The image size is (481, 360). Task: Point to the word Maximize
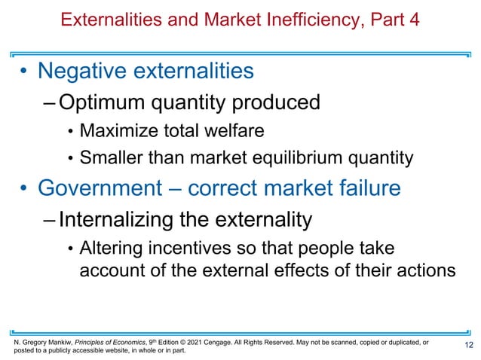pos(118,131)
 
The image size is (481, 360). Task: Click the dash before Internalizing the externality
pos(49,219)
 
